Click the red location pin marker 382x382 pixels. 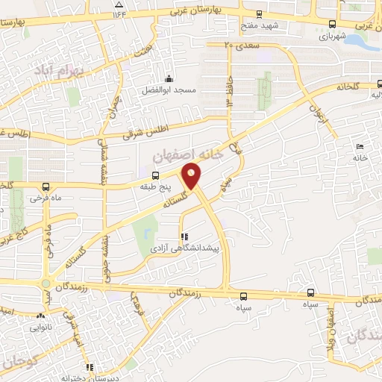(x=192, y=176)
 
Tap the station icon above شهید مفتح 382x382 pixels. (x=259, y=13)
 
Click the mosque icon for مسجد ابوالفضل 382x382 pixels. (x=169, y=80)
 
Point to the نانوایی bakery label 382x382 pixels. (x=41, y=327)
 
